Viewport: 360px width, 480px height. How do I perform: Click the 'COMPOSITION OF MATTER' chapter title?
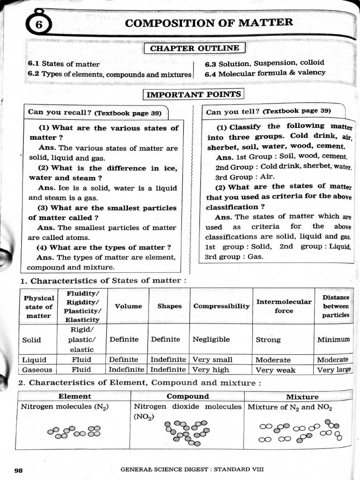click(x=209, y=23)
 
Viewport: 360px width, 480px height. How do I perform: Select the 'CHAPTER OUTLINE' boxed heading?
click(x=195, y=48)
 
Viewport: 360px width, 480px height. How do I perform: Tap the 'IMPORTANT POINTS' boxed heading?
click(x=194, y=95)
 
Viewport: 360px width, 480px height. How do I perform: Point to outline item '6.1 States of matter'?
click(x=64, y=64)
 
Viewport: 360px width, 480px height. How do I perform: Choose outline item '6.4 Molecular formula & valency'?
click(x=265, y=73)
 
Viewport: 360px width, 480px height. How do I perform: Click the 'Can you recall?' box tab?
click(x=94, y=112)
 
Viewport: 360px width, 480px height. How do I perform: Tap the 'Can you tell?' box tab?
click(x=268, y=111)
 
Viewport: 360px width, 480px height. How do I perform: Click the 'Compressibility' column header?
click(x=221, y=306)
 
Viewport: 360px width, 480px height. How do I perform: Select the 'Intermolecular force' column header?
click(x=284, y=306)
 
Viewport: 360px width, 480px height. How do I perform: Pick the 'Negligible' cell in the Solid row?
click(x=211, y=339)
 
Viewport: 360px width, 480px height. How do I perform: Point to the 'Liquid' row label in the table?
click(x=34, y=360)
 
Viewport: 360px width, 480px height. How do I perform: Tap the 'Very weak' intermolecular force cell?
click(x=275, y=370)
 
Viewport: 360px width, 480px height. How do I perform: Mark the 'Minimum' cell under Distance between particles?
click(x=333, y=339)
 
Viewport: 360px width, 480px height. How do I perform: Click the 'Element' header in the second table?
click(x=75, y=397)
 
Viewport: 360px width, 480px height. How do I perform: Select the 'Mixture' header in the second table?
click(x=302, y=397)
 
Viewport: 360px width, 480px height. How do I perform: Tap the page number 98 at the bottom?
click(x=19, y=470)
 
